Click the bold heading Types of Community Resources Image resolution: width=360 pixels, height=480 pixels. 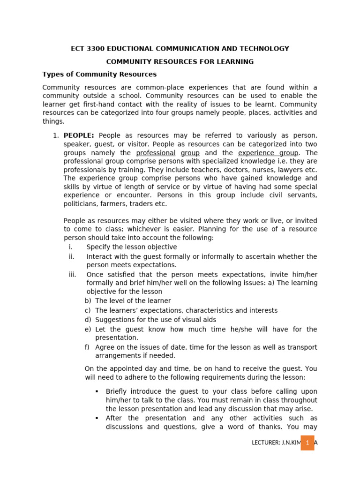pos(99,75)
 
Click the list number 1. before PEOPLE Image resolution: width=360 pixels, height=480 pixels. pos(55,136)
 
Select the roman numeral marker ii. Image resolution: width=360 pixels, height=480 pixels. pos(72,256)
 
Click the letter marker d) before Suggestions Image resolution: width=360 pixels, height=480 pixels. pos(88,320)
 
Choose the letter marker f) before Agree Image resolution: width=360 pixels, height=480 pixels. pos(87,347)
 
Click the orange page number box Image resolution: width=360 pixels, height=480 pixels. pos(307,442)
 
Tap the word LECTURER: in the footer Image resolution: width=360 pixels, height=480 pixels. pos(267,443)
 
